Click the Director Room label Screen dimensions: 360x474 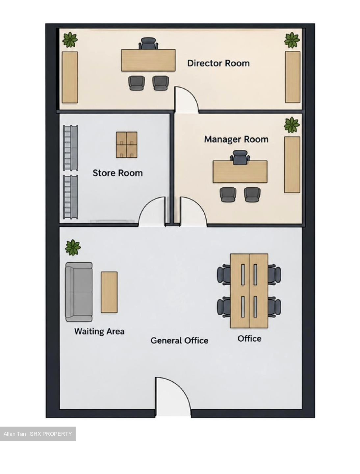point(218,63)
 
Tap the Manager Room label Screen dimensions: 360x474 point(236,139)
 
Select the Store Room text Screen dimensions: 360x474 point(117,173)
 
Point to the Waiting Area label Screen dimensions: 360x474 point(99,331)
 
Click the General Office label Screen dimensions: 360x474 point(179,341)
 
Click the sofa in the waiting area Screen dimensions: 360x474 point(79,292)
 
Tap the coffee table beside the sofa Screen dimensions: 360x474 point(109,292)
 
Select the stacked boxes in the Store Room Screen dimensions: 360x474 point(127,145)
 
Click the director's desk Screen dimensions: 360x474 point(148,60)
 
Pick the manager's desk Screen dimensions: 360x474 point(240,172)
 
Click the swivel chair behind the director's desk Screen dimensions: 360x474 point(148,43)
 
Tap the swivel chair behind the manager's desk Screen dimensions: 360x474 point(240,156)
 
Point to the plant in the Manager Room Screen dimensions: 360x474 point(292,125)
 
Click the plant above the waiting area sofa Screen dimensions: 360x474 point(73,248)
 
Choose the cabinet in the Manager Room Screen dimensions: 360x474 point(292,165)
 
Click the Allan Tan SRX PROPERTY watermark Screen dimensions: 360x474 point(38,434)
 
